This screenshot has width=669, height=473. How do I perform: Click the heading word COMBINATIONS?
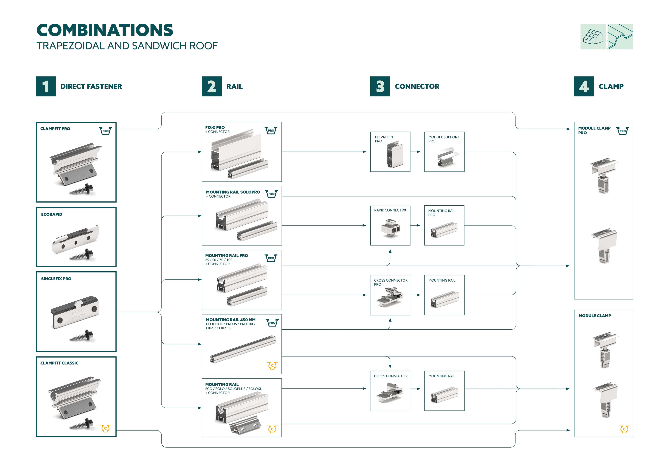[105, 30]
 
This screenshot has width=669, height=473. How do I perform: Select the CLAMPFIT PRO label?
[55, 129]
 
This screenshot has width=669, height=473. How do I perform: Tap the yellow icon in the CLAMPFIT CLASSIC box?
[105, 428]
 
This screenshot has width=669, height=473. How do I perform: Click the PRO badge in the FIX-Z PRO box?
[271, 130]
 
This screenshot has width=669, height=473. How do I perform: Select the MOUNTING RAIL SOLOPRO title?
[233, 192]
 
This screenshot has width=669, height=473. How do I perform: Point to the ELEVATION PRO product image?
[395, 155]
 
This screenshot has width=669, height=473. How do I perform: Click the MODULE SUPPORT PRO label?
[444, 139]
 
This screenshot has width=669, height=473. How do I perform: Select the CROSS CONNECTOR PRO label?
[390, 282]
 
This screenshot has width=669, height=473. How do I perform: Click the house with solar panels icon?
[593, 37]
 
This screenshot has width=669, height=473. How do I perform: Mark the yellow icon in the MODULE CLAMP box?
[624, 429]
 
